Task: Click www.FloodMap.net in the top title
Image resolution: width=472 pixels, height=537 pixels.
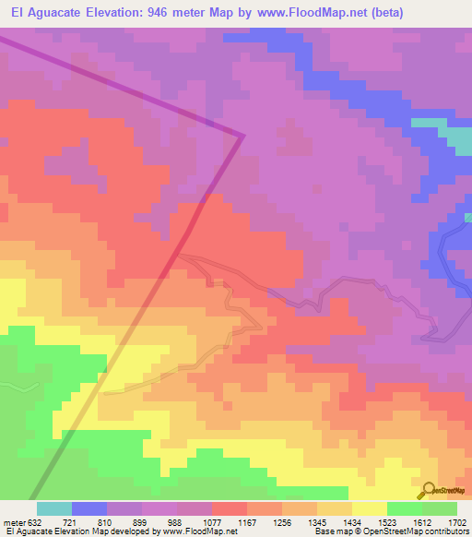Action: (306, 14)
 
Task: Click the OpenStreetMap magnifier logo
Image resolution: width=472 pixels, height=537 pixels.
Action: (428, 491)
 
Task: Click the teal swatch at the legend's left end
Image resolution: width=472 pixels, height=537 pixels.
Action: (54, 508)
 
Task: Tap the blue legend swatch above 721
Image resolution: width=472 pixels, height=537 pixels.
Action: (89, 508)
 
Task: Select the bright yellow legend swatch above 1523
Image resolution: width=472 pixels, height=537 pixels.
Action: (370, 508)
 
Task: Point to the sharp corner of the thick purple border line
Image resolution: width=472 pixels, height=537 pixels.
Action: (242, 137)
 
